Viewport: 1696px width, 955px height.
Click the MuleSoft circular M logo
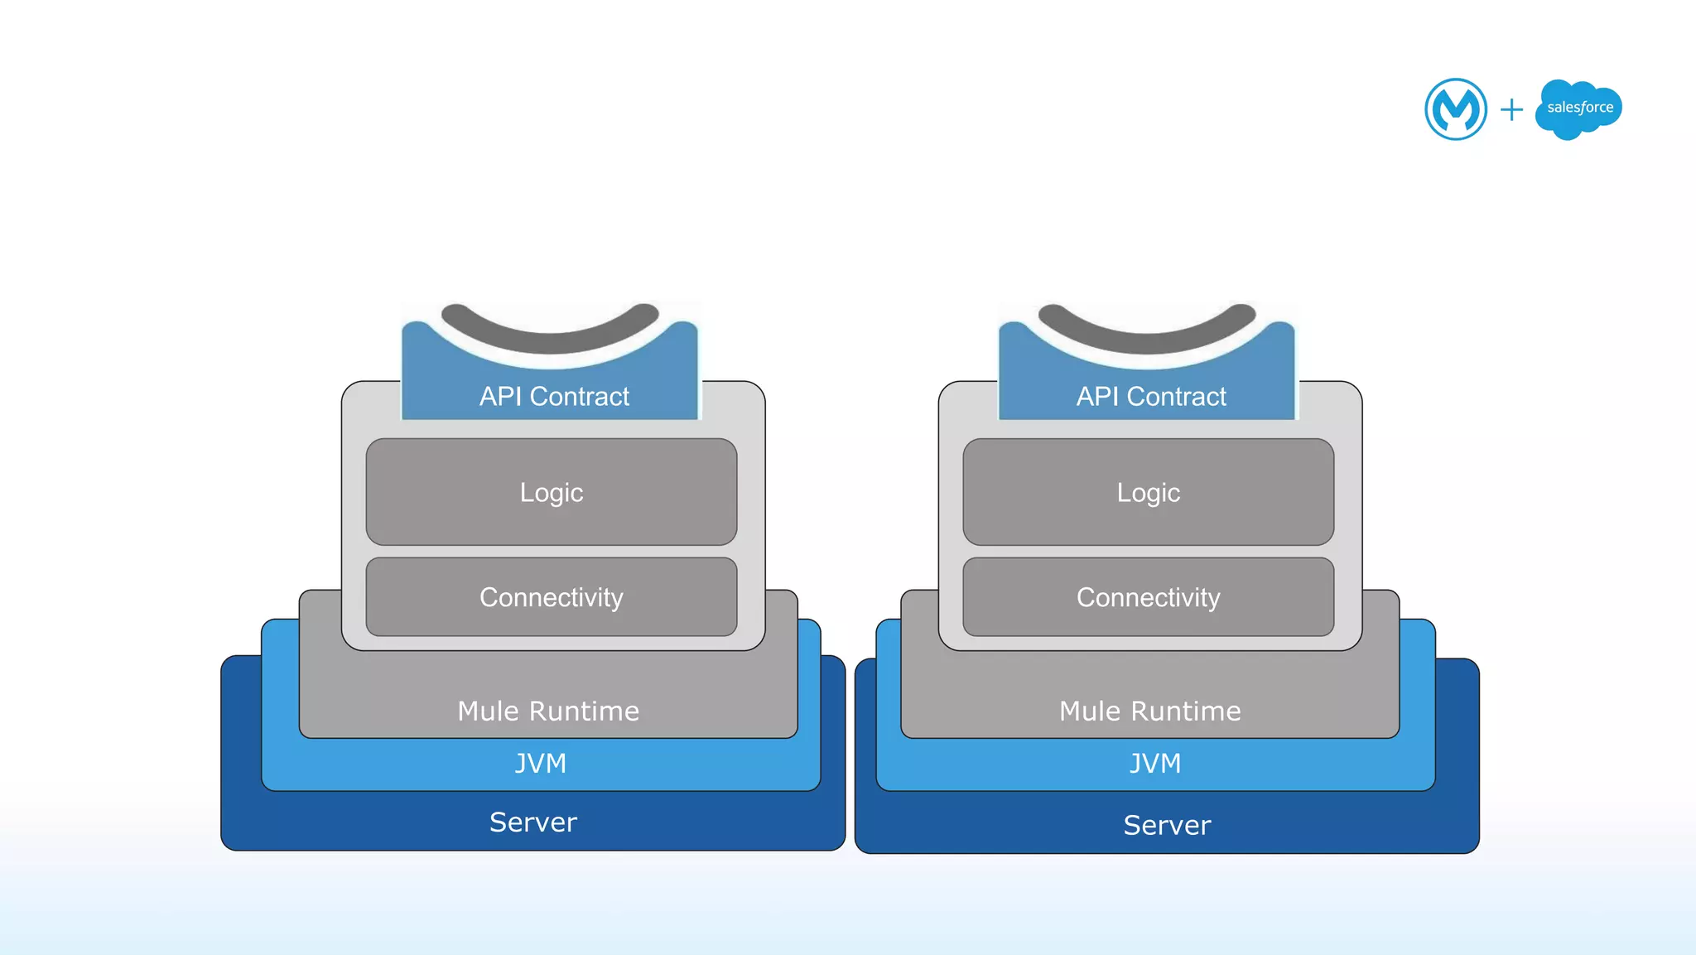[x=1455, y=109]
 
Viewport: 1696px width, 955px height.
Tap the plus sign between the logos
[x=1511, y=109]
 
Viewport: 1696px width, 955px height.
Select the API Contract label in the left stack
[x=553, y=397]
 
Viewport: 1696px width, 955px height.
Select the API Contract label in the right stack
[x=1150, y=397]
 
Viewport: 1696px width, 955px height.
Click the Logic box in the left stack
[x=552, y=492]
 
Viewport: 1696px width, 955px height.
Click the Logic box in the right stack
[x=1148, y=492]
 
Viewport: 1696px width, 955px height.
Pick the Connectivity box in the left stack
[x=552, y=597]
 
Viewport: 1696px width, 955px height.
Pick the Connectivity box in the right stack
[x=1148, y=597]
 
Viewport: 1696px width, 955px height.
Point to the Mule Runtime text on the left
[x=548, y=711]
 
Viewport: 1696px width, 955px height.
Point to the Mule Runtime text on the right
[x=1149, y=711]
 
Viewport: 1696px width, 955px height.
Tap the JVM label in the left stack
[x=541, y=763]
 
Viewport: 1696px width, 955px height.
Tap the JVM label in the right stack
[x=1155, y=763]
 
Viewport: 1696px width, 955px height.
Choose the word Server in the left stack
[x=533, y=822]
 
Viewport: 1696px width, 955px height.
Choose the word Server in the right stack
[x=1167, y=825]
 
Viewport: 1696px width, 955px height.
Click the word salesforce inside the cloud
[x=1580, y=107]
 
